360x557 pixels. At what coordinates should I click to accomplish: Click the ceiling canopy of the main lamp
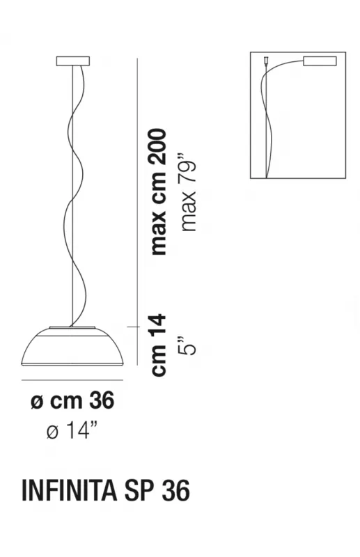coord(73,61)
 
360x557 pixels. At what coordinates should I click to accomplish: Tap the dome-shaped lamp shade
coord(73,347)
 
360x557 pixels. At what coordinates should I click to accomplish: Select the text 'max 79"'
coord(188,193)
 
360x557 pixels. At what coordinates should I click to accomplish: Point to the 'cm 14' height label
coord(159,345)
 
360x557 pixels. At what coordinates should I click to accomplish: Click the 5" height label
coord(188,345)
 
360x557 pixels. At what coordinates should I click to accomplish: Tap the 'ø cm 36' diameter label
coord(72,400)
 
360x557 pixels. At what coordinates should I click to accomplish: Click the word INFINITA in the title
coord(70,491)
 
